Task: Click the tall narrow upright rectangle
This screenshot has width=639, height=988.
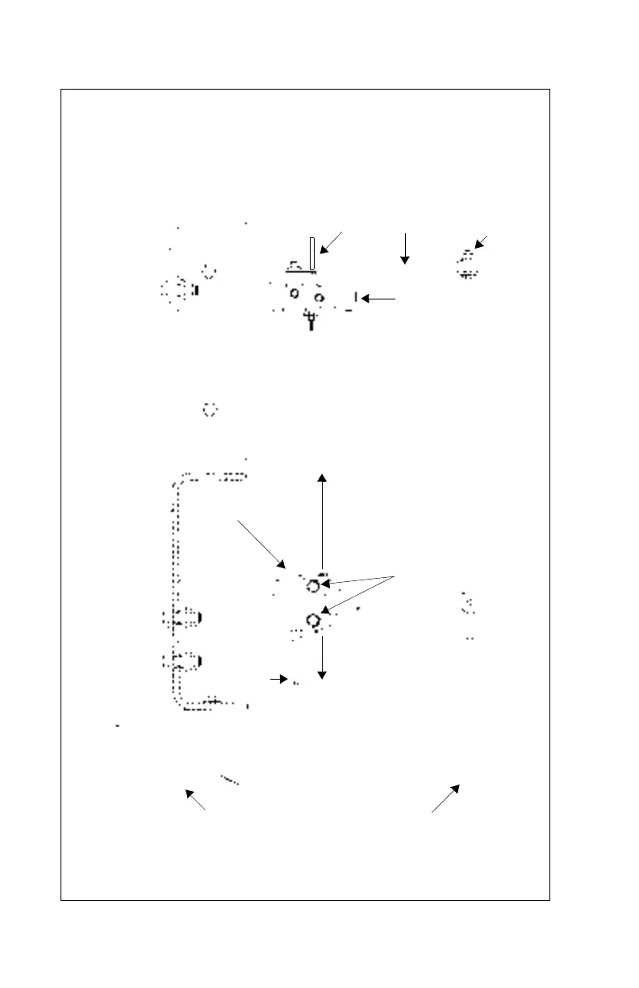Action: click(312, 253)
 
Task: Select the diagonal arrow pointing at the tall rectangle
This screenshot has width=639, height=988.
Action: click(332, 242)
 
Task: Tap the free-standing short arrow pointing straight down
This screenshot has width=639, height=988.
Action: click(405, 249)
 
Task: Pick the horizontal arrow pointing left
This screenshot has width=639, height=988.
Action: click(379, 299)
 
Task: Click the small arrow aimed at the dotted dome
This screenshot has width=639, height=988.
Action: click(482, 241)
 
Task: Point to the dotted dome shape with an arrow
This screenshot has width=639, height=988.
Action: click(466, 266)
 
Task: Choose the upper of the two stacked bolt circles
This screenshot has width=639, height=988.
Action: click(313, 587)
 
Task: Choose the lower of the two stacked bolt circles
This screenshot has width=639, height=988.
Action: click(313, 620)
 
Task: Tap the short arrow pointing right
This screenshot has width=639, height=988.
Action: click(278, 680)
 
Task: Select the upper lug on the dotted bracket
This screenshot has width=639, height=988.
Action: click(182, 619)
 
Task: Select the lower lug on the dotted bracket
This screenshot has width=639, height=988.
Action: click(182, 662)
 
